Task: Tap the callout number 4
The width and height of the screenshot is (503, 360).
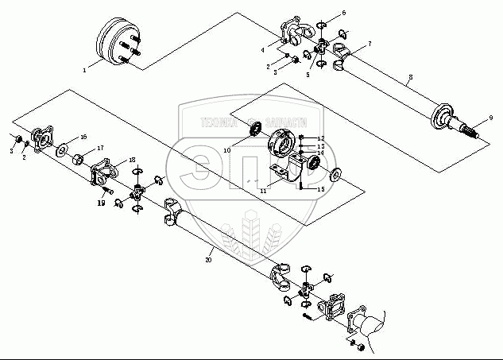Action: pyautogui.click(x=263, y=50)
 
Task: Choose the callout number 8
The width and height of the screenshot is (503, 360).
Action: pyautogui.click(x=409, y=79)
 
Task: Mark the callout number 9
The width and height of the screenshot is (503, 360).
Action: pyautogui.click(x=491, y=118)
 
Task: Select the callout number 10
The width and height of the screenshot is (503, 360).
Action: pyautogui.click(x=226, y=149)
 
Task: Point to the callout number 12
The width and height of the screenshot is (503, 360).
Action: pyautogui.click(x=321, y=138)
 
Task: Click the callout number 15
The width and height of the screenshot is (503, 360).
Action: pyautogui.click(x=320, y=190)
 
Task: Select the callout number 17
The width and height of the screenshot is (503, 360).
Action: pyautogui.click(x=101, y=149)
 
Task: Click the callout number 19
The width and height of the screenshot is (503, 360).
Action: pyautogui.click(x=102, y=203)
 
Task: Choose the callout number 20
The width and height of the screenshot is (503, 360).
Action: pyautogui.click(x=209, y=259)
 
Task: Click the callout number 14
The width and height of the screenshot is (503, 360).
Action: pyautogui.click(x=321, y=153)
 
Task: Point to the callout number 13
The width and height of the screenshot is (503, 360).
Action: pyautogui.click(x=321, y=146)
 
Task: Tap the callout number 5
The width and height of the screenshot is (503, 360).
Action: pyautogui.click(x=308, y=74)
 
